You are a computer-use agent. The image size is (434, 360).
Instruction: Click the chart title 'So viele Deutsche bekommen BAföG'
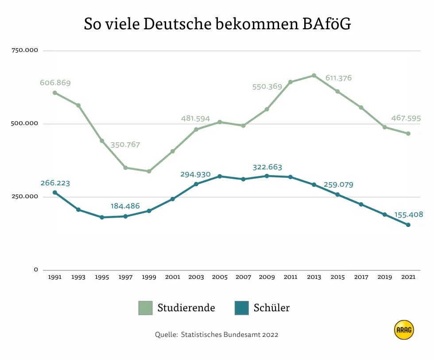coord(217,24)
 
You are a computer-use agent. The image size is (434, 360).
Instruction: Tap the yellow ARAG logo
coord(403,330)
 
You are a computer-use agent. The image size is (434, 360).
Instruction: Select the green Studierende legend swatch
coord(145,308)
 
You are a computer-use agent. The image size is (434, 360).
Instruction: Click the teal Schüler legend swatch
coord(241,308)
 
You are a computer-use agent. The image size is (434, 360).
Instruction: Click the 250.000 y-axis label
coord(25,197)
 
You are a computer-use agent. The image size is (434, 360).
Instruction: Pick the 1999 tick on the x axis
coord(149,277)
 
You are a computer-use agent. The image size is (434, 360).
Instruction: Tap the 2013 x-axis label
coord(314,277)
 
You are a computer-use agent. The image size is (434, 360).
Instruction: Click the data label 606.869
coord(55,83)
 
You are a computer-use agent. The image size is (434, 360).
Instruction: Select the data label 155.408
coord(408,215)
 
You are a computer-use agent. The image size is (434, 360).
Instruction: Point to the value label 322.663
coord(267,167)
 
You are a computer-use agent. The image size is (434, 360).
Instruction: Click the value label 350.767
coord(125,145)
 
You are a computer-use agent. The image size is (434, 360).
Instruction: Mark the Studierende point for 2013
coord(314,75)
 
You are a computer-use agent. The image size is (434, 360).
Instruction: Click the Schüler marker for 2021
coord(408,225)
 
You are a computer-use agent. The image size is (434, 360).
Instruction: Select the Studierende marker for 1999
coord(149,171)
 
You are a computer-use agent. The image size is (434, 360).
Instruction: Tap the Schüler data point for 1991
coord(55,192)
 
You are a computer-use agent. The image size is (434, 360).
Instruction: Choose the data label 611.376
coord(338,78)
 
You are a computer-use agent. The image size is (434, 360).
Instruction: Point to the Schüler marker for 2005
coord(220,176)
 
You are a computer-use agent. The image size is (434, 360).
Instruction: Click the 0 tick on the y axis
coord(36,270)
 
